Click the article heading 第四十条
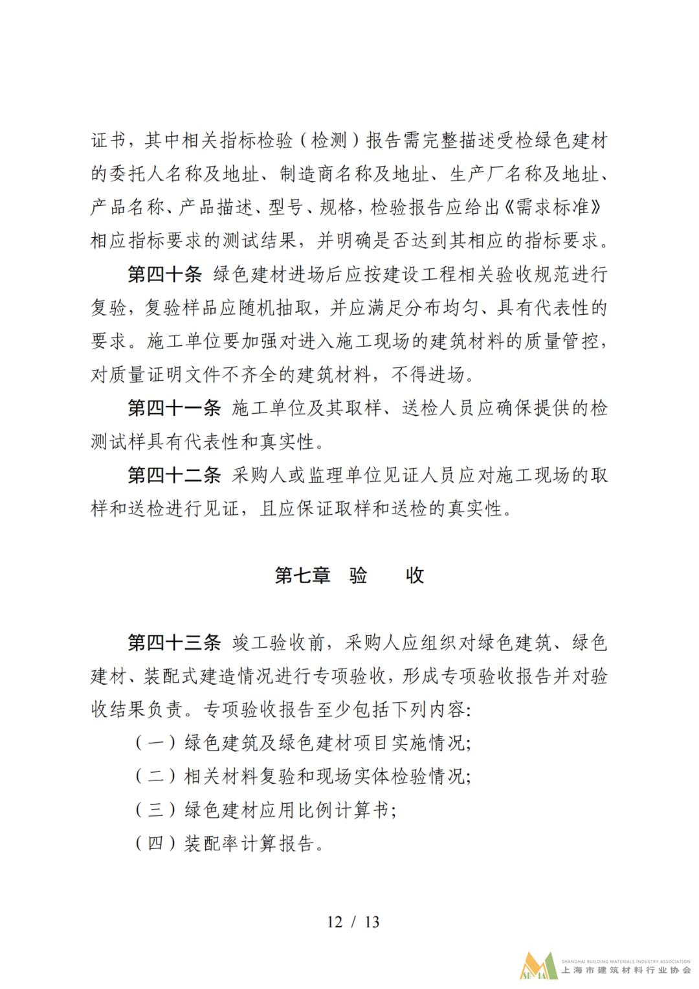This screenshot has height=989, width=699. pos(165,275)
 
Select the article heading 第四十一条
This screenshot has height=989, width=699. pos(174,409)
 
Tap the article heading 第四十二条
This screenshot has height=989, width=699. pos(174,476)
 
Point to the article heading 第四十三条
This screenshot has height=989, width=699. pos(174,643)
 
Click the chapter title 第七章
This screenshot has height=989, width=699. pos(302,576)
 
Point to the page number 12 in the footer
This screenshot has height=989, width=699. pos(334,921)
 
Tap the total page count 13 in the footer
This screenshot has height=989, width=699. pos(372,921)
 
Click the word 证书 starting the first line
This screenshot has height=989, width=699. pos(108,141)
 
